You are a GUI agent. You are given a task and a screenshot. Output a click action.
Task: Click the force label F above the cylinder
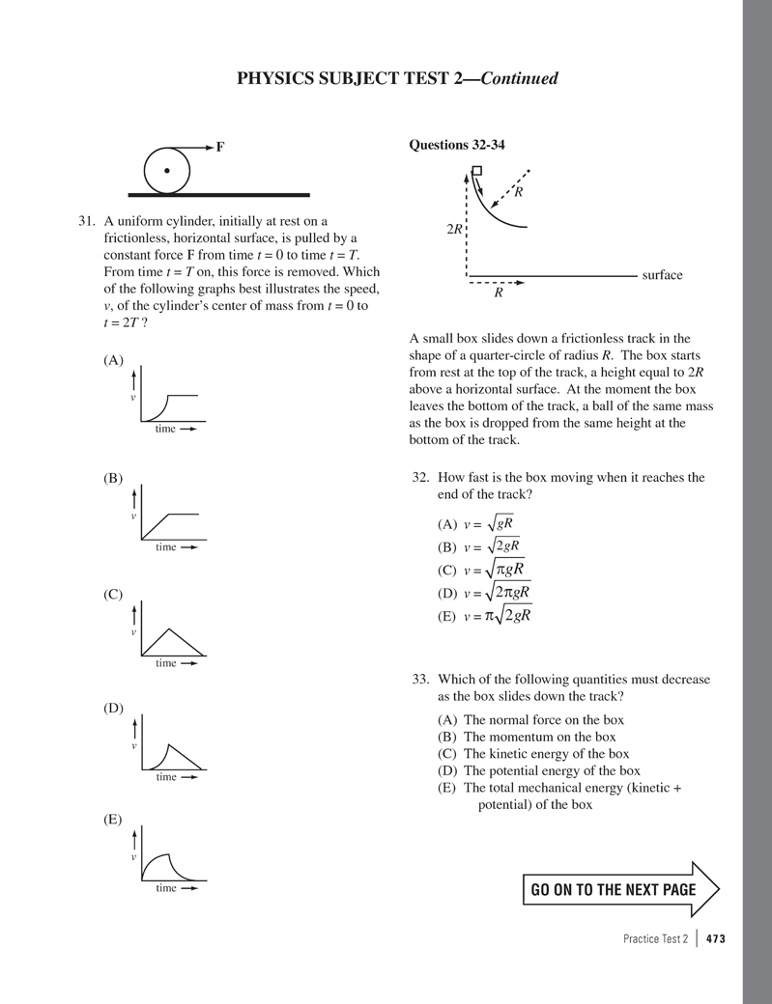(220, 147)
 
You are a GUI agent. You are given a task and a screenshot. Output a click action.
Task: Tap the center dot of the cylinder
(167, 171)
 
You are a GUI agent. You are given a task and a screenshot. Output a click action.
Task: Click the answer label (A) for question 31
(113, 360)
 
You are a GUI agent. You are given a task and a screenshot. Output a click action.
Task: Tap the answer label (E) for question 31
(113, 820)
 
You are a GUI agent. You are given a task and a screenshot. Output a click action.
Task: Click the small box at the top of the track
(476, 171)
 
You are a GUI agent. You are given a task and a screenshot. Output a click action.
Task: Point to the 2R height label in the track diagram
(455, 230)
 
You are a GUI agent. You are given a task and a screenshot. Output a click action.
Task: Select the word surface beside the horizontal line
(662, 275)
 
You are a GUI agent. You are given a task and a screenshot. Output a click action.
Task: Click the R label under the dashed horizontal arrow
(499, 293)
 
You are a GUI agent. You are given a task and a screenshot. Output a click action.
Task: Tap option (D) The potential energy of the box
(539, 770)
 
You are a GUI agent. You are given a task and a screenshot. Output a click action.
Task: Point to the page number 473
(716, 939)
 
